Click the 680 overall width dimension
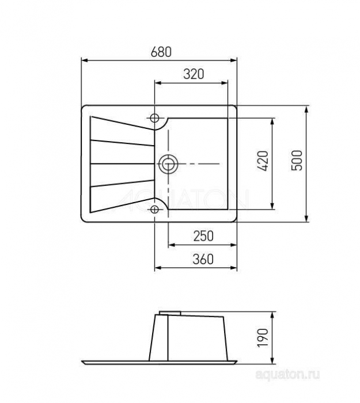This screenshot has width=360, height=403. tap(161, 52)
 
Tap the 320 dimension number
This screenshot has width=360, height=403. tap(194, 74)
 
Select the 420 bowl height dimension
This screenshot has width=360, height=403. tap(263, 161)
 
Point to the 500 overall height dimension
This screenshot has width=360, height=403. tap(297, 161)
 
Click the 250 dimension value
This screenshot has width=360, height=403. tap(203, 236)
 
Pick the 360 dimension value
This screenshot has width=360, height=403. tap(203, 259)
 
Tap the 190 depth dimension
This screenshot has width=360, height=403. tap(263, 338)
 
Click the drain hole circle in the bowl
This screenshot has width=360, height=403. tap(168, 164)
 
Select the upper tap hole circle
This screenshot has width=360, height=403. tap(154, 118)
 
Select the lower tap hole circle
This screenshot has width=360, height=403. tap(154, 210)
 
